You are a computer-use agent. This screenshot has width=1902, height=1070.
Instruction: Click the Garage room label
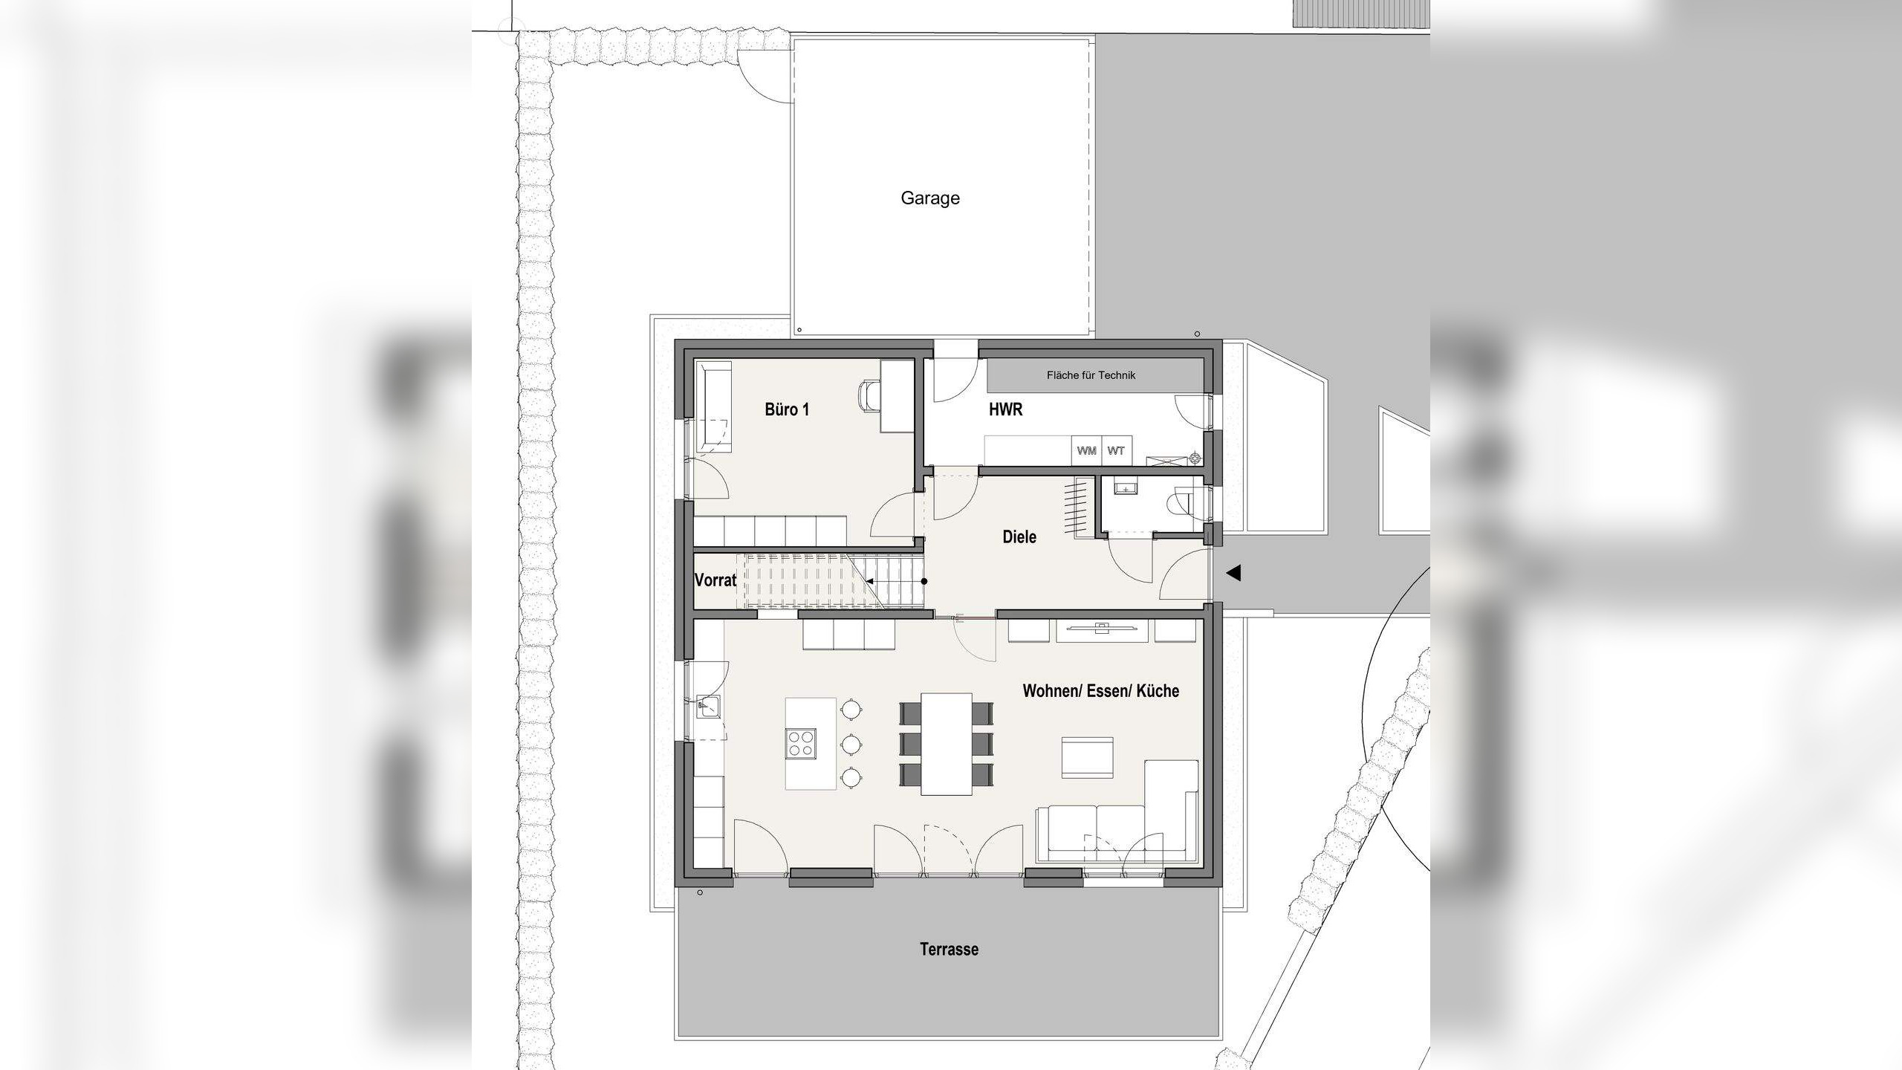click(929, 198)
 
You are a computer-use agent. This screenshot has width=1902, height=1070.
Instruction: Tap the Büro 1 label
click(787, 409)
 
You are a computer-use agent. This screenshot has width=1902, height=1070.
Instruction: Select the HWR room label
click(1005, 409)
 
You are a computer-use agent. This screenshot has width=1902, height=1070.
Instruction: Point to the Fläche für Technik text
click(1091, 375)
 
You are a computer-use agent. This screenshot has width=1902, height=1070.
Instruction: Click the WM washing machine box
click(1086, 451)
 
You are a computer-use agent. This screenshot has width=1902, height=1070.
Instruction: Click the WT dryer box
click(1116, 451)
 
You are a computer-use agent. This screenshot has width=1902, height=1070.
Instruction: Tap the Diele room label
click(1019, 536)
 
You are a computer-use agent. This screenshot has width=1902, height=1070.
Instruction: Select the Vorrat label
click(715, 580)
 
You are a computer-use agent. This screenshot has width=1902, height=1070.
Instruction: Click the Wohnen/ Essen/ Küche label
click(1100, 691)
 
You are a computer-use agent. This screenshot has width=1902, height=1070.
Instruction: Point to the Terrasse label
click(949, 950)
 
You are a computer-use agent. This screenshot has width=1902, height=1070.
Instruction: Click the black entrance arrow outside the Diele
click(1233, 573)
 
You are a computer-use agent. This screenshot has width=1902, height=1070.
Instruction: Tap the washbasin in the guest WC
click(1126, 488)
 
